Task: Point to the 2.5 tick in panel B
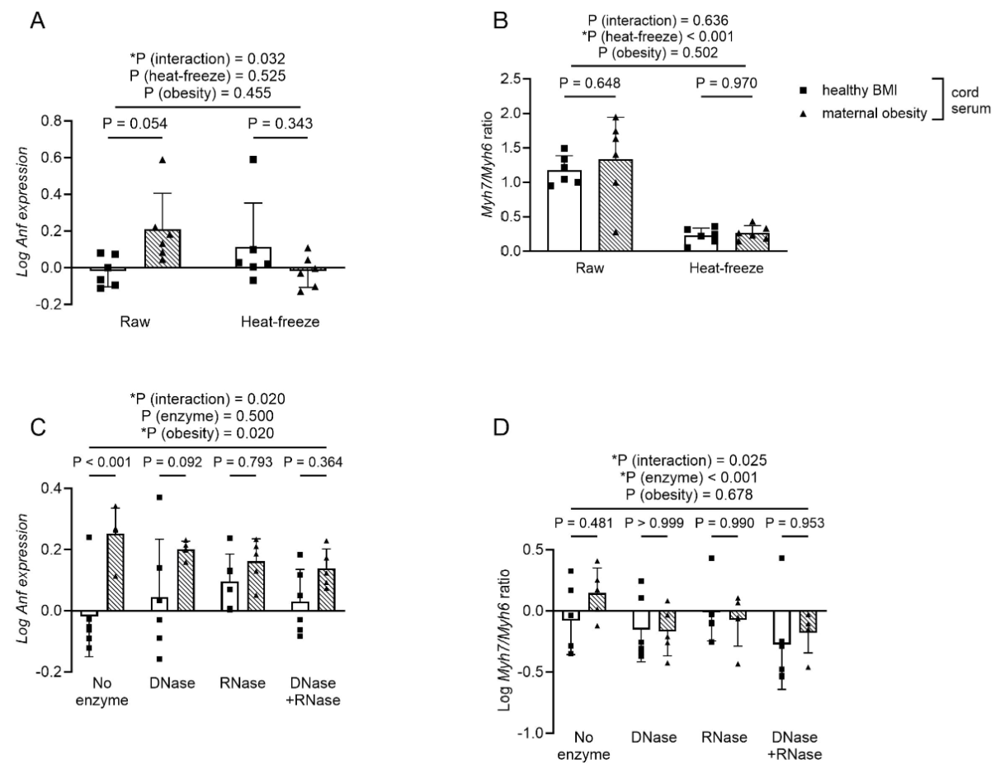coord(526,79)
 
